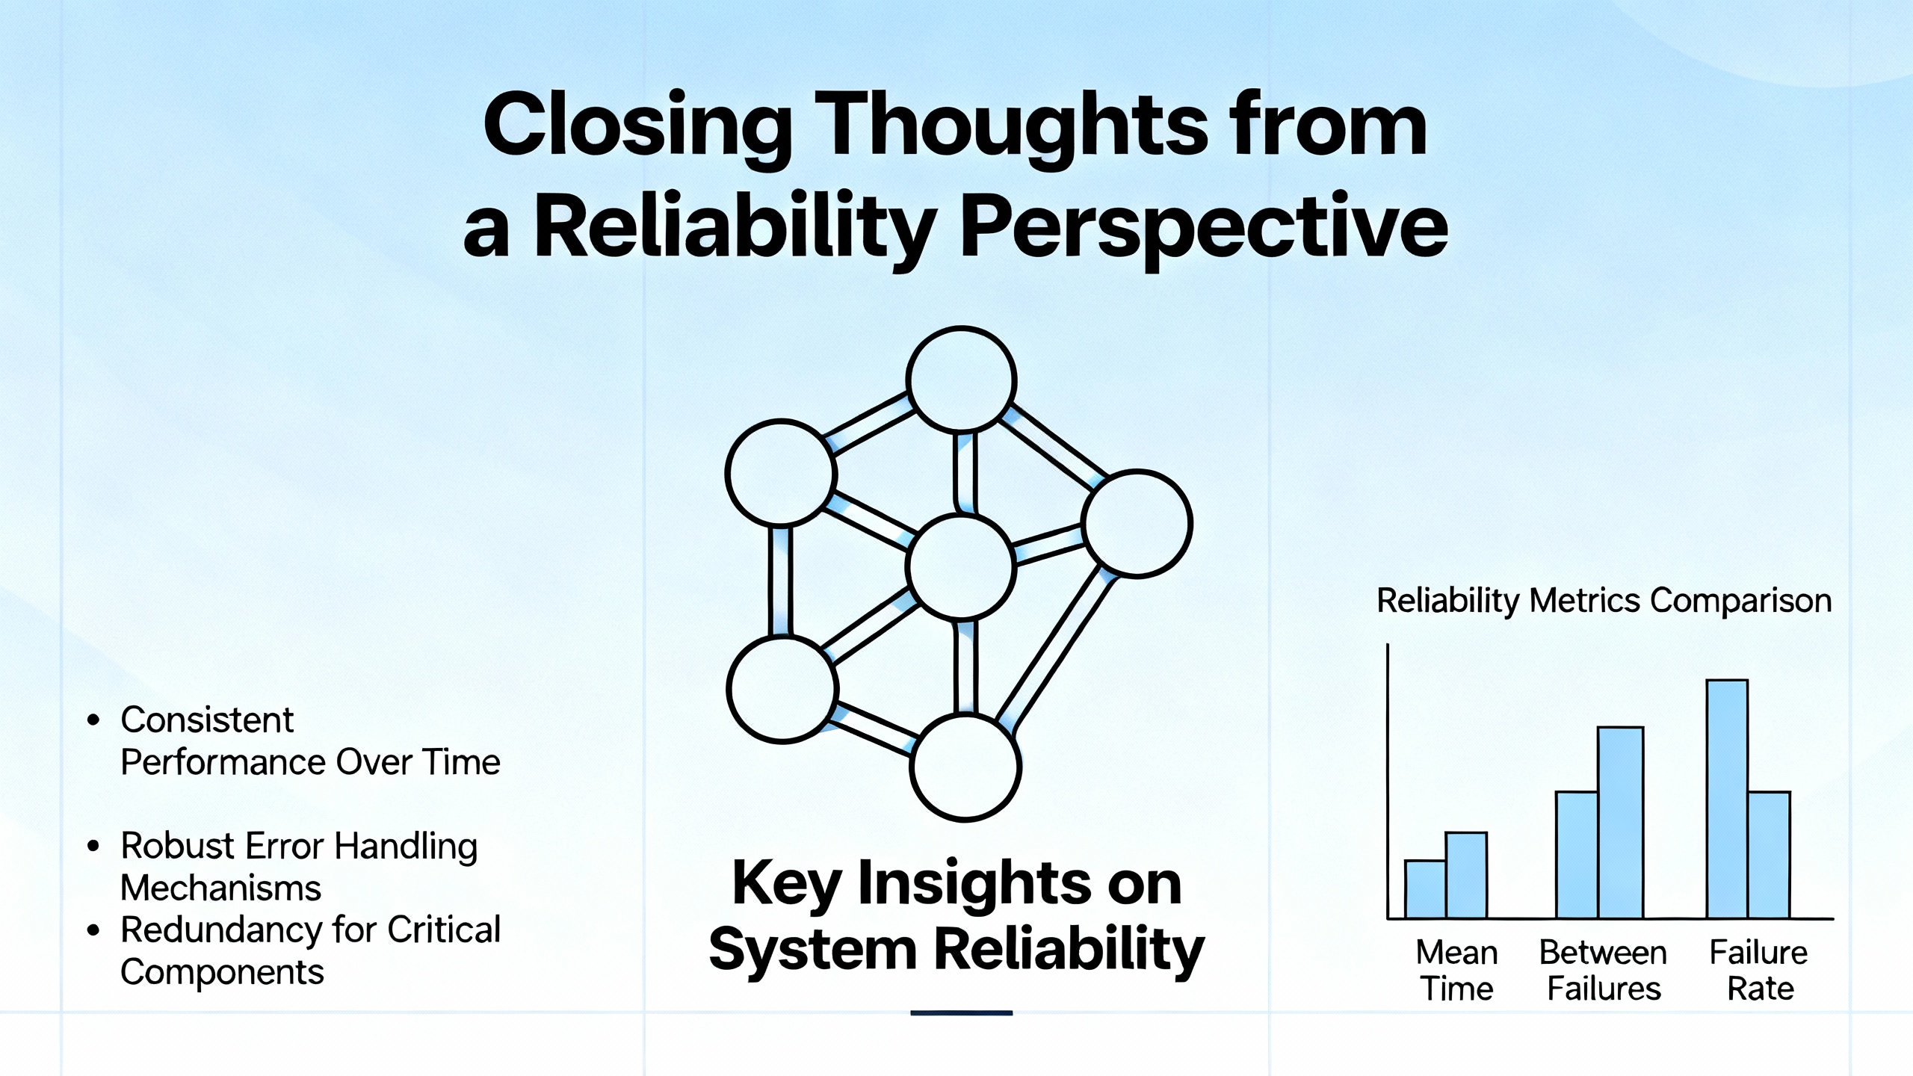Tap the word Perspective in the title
click(x=1203, y=227)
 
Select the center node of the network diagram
click(x=961, y=566)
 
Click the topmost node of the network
click(x=962, y=380)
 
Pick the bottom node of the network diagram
click(x=965, y=767)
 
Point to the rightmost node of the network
click(x=1137, y=523)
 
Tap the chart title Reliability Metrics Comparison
click(x=1604, y=601)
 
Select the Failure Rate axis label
click(x=1759, y=970)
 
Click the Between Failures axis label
click(x=1604, y=970)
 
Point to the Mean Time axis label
click(x=1456, y=970)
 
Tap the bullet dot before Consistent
click(x=93, y=720)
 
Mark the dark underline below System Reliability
click(x=961, y=1013)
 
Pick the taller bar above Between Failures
click(x=1620, y=822)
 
